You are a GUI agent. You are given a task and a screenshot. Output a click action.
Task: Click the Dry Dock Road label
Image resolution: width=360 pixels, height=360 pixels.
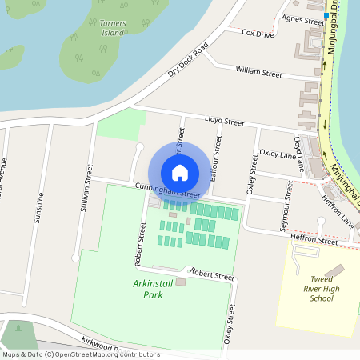(x=187, y=61)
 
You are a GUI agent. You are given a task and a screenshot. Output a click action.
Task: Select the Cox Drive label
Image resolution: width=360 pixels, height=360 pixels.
(x=258, y=34)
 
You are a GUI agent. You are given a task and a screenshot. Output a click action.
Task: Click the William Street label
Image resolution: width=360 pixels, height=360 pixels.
(x=258, y=73)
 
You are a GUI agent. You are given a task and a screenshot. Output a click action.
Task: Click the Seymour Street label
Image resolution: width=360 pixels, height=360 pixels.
(x=288, y=196)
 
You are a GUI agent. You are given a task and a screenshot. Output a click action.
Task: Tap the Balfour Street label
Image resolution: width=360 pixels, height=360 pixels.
(x=215, y=158)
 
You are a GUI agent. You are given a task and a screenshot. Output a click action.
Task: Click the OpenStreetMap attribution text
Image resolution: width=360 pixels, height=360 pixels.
(x=80, y=354)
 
